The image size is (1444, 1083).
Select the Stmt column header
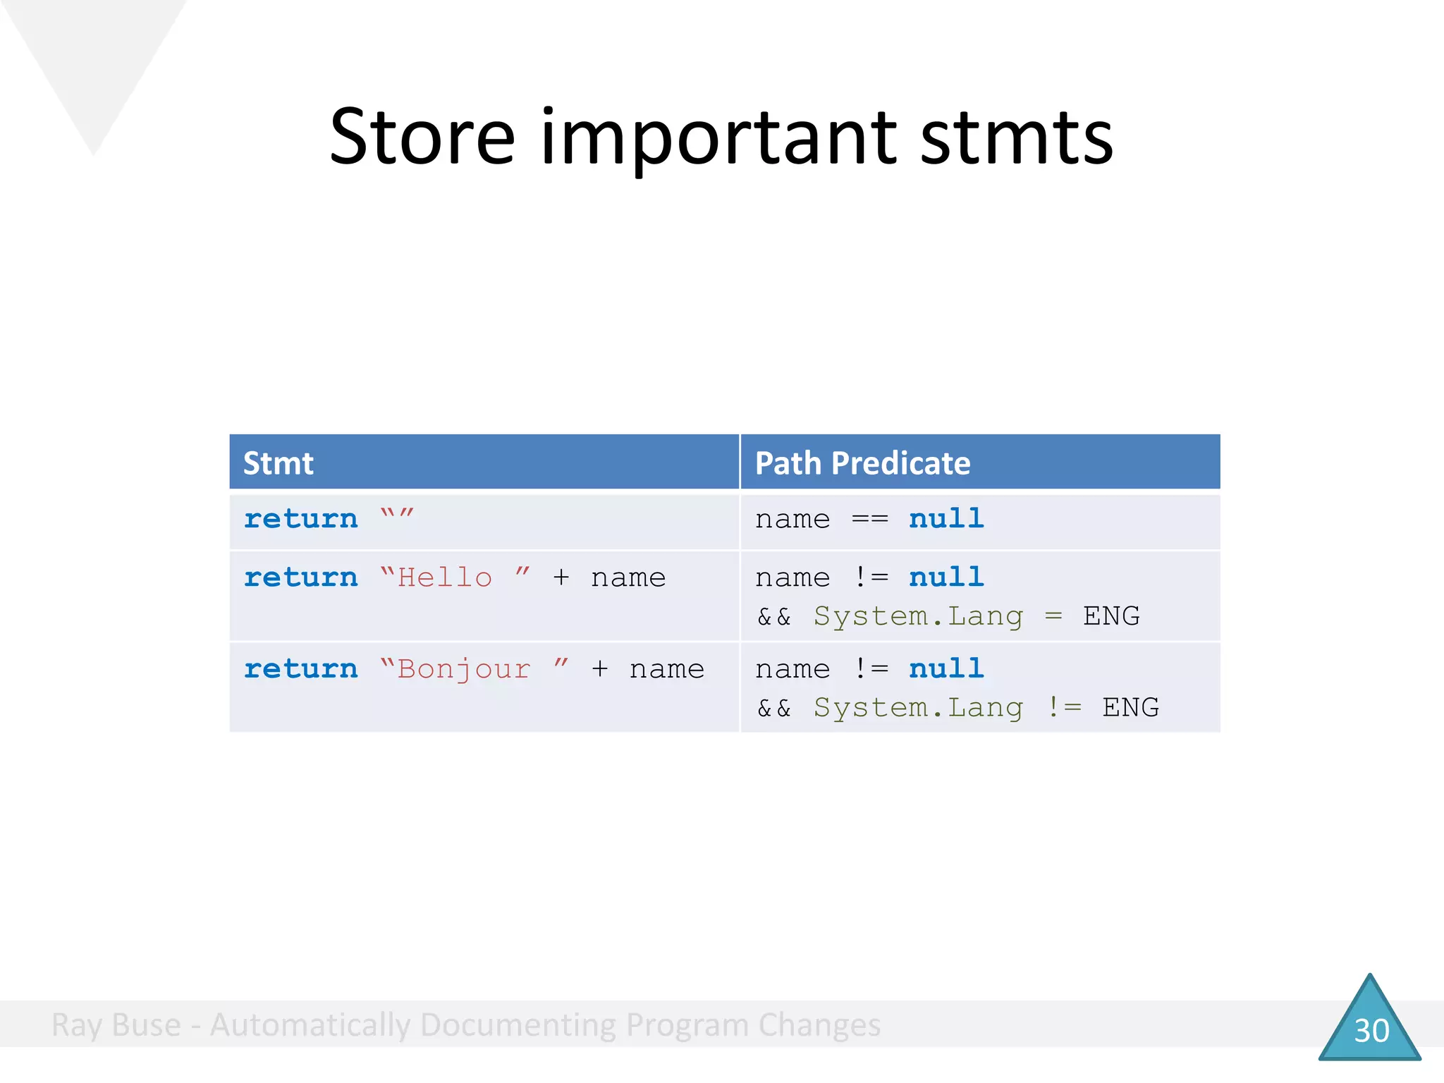click(278, 463)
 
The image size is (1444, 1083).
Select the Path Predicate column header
click(862, 463)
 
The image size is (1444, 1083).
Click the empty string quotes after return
click(397, 517)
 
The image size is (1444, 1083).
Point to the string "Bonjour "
click(473, 668)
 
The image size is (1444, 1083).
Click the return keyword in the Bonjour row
click(301, 668)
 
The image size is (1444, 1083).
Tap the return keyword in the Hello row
click(301, 577)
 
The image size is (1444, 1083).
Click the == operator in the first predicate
click(869, 520)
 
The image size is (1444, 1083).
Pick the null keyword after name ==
click(946, 519)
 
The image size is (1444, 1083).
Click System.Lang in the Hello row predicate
click(917, 616)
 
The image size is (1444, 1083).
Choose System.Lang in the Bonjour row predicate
click(917, 707)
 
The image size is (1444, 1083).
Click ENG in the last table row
click(1130, 707)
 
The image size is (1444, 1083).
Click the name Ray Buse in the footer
click(116, 1025)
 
